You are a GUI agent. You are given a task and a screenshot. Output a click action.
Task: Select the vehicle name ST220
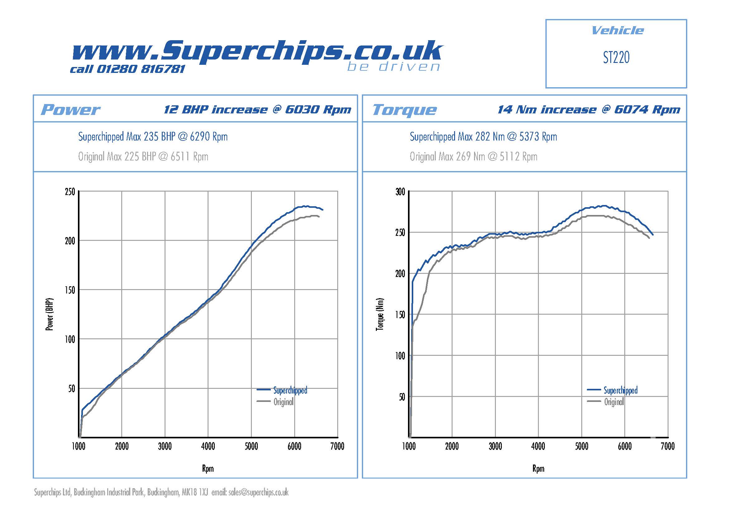click(616, 58)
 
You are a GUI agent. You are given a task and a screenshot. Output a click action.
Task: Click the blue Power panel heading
click(70, 110)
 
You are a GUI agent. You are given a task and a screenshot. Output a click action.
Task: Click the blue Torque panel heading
click(404, 110)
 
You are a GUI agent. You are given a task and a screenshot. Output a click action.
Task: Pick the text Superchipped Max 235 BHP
click(127, 137)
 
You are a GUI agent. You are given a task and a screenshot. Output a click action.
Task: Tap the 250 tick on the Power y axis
click(70, 192)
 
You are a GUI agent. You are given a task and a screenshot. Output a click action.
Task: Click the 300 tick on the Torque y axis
click(400, 192)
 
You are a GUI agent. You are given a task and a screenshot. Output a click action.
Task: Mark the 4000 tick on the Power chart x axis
click(208, 446)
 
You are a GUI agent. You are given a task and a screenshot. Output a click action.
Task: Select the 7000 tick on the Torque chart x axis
click(667, 446)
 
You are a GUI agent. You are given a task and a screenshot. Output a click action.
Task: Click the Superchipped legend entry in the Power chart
click(290, 390)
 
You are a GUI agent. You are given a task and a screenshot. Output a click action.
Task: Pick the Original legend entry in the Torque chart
click(614, 402)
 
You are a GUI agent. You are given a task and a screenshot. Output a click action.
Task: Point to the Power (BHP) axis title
click(50, 314)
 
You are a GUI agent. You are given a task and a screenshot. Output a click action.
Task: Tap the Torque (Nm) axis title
click(380, 314)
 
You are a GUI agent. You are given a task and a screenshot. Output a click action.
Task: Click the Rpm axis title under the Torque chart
click(538, 469)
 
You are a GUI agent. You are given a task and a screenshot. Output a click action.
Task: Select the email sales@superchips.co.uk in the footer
click(258, 493)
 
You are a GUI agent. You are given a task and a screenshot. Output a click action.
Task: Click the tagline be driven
click(393, 67)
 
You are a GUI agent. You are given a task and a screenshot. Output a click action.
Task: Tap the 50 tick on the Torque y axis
click(402, 397)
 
